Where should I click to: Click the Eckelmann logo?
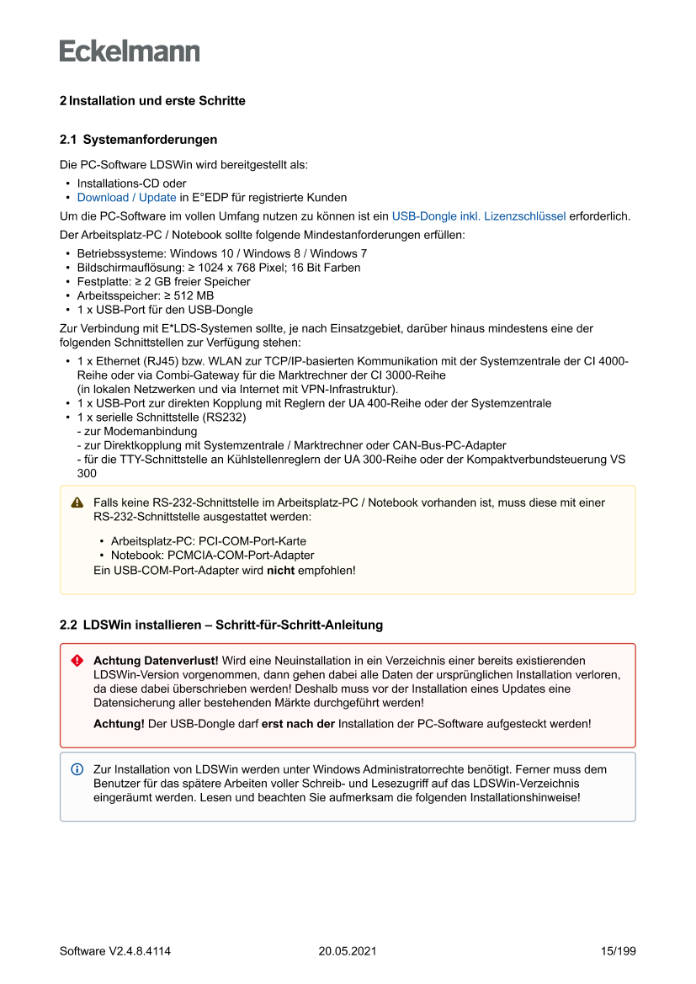[130, 51]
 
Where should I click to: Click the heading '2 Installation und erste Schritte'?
[152, 101]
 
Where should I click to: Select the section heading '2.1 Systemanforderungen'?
[139, 140]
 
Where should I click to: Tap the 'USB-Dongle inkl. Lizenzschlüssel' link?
[478, 216]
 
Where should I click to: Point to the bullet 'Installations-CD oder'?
[131, 184]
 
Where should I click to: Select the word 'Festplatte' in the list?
[103, 282]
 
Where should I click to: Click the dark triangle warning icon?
[77, 503]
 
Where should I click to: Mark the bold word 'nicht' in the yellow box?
[280, 571]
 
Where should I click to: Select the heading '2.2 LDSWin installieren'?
[220, 625]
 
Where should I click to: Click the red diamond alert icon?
[77, 662]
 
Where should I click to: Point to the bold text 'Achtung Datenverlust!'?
[156, 662]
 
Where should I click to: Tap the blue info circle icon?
[77, 769]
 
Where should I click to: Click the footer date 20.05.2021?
[347, 951]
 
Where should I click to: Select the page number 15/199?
[618, 951]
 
